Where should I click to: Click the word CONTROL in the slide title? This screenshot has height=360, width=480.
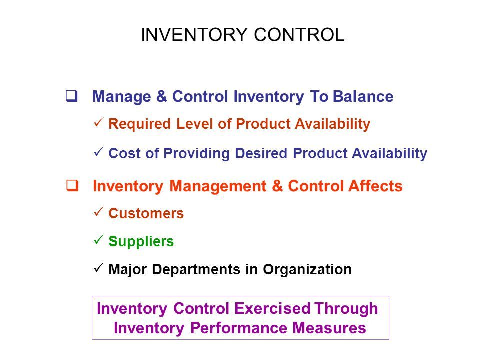click(x=299, y=35)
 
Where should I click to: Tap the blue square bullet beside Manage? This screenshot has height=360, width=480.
click(x=71, y=96)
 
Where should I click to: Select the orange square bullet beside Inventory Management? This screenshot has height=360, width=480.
click(x=72, y=186)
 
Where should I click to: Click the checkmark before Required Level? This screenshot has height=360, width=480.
click(x=99, y=123)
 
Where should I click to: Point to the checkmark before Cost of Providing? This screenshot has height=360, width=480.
click(x=99, y=152)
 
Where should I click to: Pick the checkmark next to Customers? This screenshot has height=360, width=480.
click(x=99, y=212)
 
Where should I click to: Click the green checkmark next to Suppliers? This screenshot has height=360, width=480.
click(x=99, y=240)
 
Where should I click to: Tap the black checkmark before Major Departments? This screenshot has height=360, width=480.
click(x=99, y=268)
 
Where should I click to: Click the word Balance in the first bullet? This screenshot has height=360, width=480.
click(x=363, y=96)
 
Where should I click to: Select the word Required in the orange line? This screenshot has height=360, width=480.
click(x=139, y=124)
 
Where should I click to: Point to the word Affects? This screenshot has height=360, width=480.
click(x=376, y=186)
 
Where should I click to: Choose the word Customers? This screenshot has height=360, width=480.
click(x=146, y=213)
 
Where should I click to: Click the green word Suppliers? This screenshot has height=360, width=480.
click(x=141, y=242)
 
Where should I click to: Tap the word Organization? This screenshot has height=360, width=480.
click(x=307, y=270)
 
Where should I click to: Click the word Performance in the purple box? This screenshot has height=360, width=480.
click(x=239, y=328)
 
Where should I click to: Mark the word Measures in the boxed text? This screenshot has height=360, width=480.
click(x=329, y=328)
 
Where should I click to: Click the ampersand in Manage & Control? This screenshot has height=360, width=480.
click(x=162, y=96)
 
